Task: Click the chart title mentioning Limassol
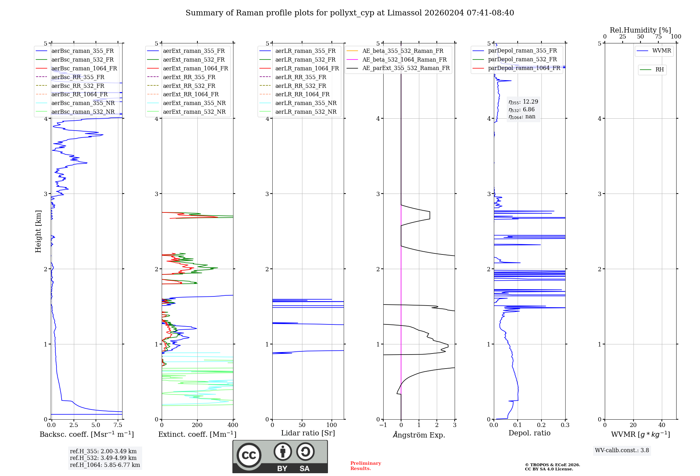coord(350,13)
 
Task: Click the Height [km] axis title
coord(38,231)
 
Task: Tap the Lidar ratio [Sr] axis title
coord(308,433)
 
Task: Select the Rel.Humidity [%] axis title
coord(640,30)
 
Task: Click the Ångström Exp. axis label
coord(419,435)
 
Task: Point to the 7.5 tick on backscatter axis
coord(118,425)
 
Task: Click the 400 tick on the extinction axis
coord(233,425)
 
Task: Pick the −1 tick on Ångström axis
coord(383,425)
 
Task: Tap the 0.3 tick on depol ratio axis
coord(565,425)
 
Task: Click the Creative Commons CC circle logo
coord(249,455)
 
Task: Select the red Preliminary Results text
coord(366,466)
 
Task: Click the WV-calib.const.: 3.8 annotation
coord(622,450)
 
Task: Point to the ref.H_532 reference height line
coord(103,458)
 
